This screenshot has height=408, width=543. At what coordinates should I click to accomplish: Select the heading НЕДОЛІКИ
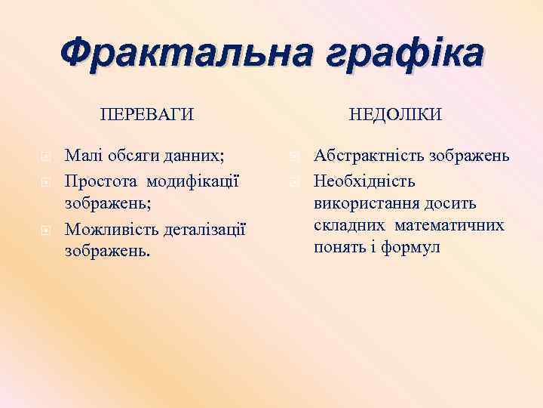[395, 114]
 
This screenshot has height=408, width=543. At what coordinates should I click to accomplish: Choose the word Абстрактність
[370, 157]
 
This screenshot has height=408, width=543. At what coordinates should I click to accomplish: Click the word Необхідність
[364, 181]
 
